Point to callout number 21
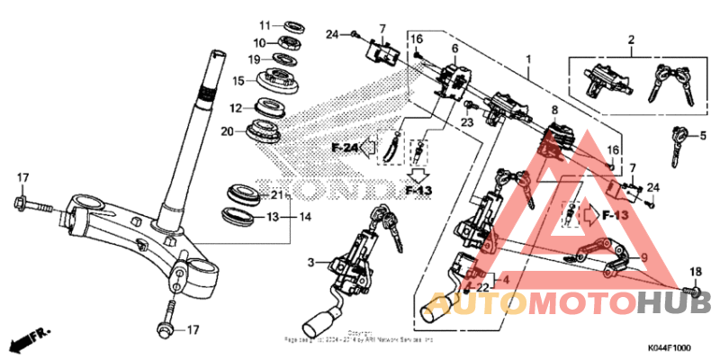pyautogui.click(x=277, y=195)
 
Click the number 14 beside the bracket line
pyautogui.click(x=305, y=217)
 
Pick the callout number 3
pyautogui.click(x=310, y=262)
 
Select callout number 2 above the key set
pyautogui.click(x=631, y=40)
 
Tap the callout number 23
pyautogui.click(x=467, y=121)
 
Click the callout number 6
pyautogui.click(x=454, y=48)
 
